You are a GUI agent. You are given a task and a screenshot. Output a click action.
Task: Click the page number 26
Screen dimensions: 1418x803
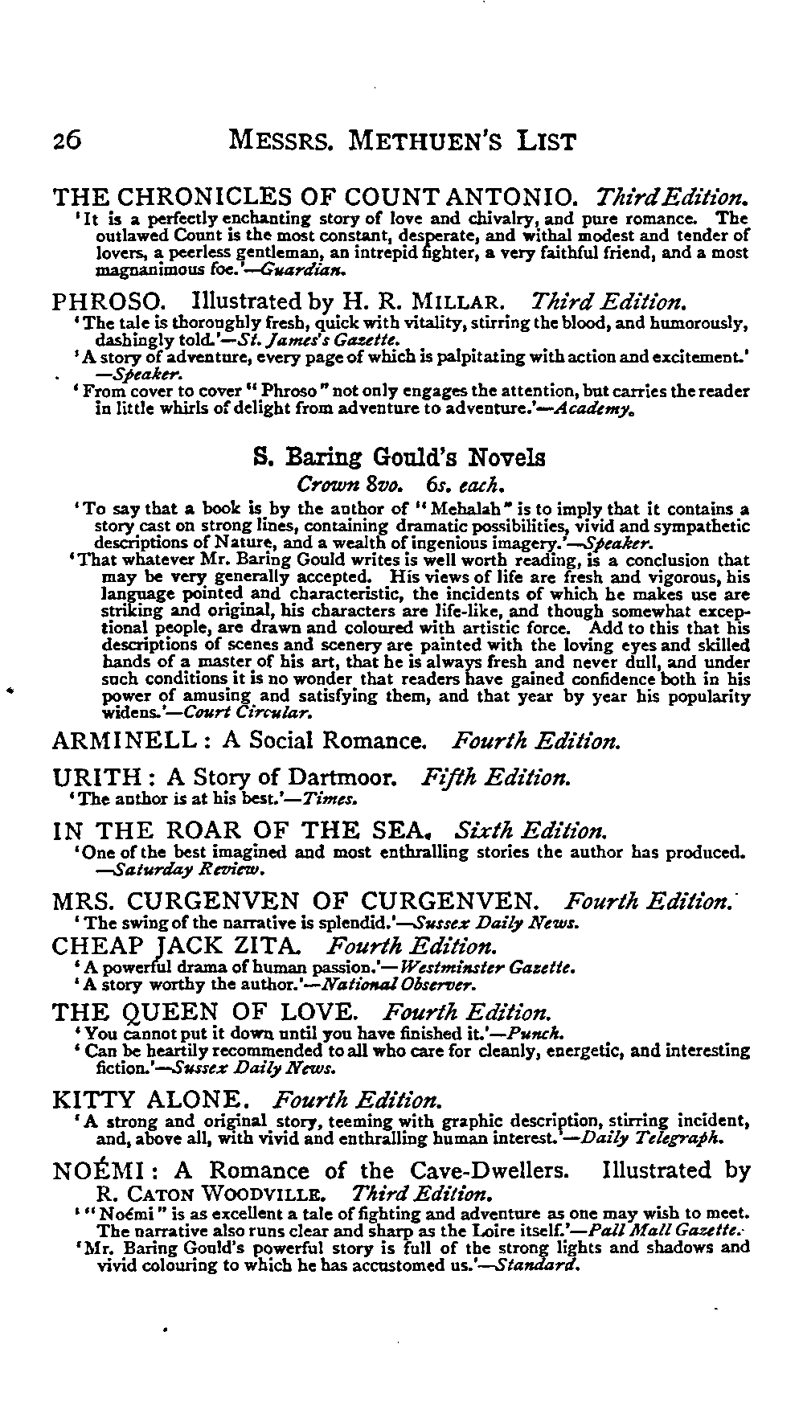(67, 141)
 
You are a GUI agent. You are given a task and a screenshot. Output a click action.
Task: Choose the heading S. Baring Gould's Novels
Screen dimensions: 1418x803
(399, 457)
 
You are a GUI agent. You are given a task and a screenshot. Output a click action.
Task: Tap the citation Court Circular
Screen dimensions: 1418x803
(248, 712)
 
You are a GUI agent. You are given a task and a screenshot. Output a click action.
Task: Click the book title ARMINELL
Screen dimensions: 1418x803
(125, 740)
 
